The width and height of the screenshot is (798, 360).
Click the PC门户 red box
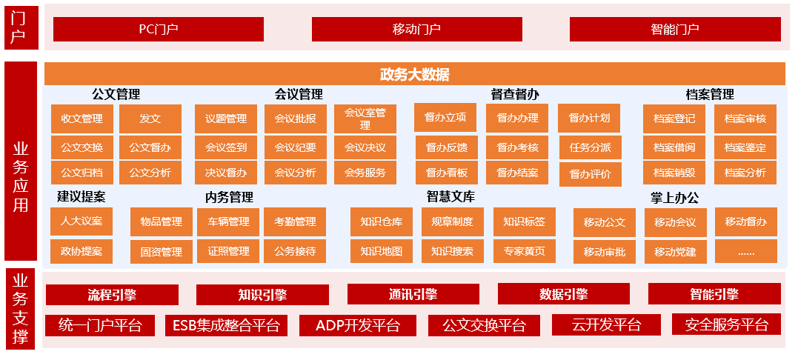[x=159, y=29]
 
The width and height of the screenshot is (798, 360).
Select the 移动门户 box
[x=417, y=29]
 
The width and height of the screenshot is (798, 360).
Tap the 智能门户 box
[x=675, y=29]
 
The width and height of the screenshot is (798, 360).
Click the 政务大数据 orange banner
[x=415, y=74]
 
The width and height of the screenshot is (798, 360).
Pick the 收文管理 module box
[x=82, y=119]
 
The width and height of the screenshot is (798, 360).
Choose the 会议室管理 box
[x=365, y=119]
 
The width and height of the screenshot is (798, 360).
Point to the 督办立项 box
[x=445, y=118]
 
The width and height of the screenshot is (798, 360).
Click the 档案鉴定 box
[x=745, y=148]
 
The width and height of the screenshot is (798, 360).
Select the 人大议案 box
[x=82, y=221]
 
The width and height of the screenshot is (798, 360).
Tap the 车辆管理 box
[x=228, y=222]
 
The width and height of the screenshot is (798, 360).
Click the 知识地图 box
[x=381, y=251]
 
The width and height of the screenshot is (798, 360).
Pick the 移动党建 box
[x=675, y=252]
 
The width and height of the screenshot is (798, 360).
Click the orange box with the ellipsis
[x=745, y=252]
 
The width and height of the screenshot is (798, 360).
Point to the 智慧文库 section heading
[x=450, y=197]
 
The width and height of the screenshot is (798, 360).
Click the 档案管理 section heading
[x=710, y=95]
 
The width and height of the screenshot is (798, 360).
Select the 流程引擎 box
[x=112, y=294]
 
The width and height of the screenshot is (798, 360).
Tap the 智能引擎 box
[x=714, y=294]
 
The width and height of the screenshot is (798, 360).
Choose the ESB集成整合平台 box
[x=226, y=325]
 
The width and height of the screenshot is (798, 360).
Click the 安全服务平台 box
[x=726, y=324]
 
